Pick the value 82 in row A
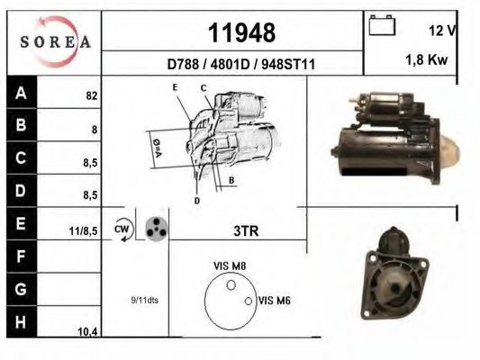pyautogui.click(x=91, y=94)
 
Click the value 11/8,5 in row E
pyautogui.click(x=84, y=230)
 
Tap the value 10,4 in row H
pyautogui.click(x=87, y=332)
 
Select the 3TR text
pyautogui.click(x=245, y=231)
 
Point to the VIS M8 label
pyautogui.click(x=231, y=265)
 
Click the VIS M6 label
pyautogui.click(x=274, y=301)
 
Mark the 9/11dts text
pyautogui.click(x=144, y=300)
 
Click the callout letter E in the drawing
pyautogui.click(x=177, y=87)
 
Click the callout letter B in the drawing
pyautogui.click(x=231, y=181)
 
